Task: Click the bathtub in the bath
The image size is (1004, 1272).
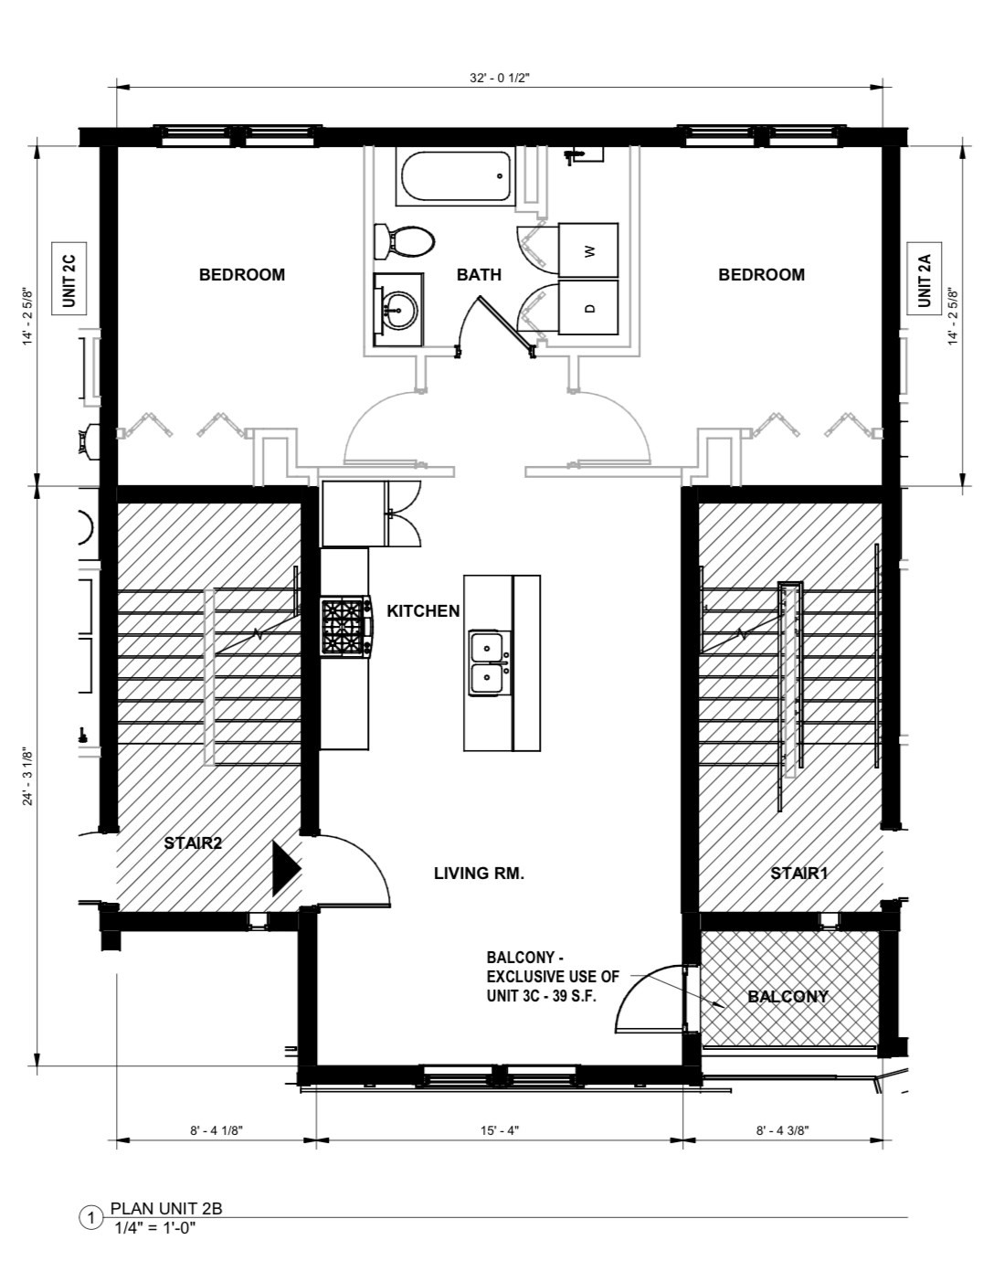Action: (x=454, y=177)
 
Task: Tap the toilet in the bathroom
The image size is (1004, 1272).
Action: (x=405, y=242)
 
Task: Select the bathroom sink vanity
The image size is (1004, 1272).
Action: (x=398, y=310)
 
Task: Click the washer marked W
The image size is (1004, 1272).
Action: (x=588, y=249)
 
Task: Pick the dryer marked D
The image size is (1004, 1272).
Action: (x=588, y=308)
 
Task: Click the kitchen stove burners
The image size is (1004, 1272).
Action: (x=345, y=627)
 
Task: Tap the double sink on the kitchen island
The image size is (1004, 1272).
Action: (x=489, y=662)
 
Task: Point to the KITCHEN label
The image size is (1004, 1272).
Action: (x=423, y=610)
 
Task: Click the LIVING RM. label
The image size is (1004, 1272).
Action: (x=479, y=873)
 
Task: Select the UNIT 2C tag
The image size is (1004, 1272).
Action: (x=69, y=279)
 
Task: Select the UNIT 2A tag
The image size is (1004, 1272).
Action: (x=924, y=279)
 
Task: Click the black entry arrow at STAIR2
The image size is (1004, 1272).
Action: (x=286, y=867)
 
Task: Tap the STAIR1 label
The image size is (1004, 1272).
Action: (x=798, y=873)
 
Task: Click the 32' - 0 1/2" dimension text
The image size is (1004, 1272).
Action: (x=500, y=79)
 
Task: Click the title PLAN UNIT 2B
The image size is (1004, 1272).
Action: (x=166, y=1208)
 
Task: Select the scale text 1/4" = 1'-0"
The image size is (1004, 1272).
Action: (x=155, y=1227)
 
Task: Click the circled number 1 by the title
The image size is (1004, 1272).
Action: (x=91, y=1217)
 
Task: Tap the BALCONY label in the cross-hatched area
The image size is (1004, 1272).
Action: (x=787, y=996)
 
